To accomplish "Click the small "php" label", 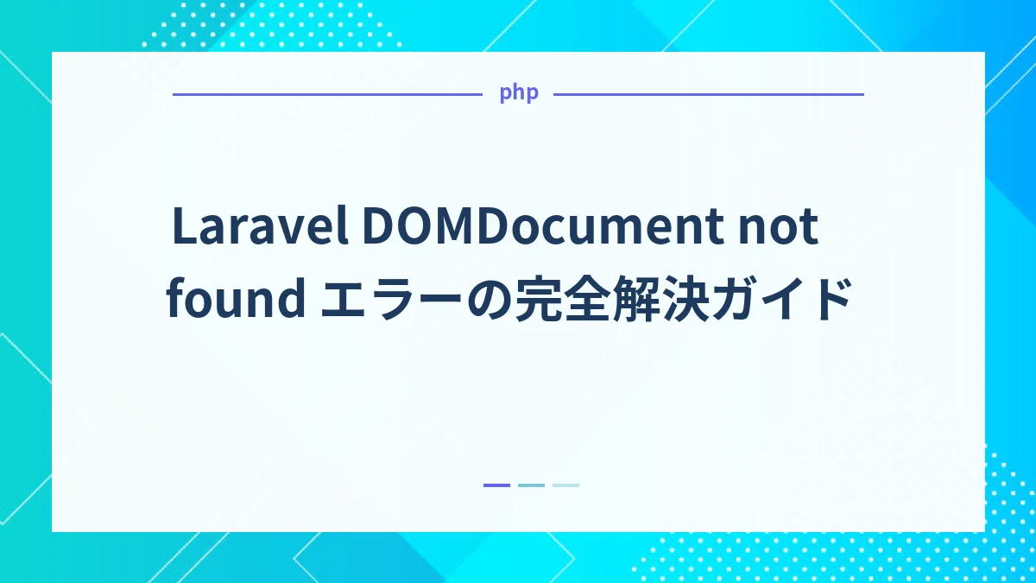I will point(518,93).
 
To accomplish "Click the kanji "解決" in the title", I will point(668,301).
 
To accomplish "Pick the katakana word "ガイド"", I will point(781,301).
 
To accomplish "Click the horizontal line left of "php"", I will point(327,94).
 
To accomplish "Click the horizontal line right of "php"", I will point(708,94).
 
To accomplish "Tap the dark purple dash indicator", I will point(496,485).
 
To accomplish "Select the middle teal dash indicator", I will point(531,485).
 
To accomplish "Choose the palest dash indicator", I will point(565,485).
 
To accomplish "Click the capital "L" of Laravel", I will point(182,227).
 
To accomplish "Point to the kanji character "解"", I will point(640,301).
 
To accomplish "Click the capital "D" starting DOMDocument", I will point(377,227).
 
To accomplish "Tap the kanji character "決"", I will point(697,301).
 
